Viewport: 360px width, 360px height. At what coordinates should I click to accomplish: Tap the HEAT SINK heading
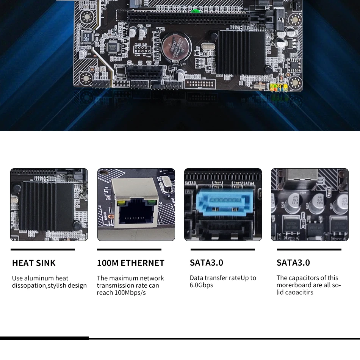tap(34, 263)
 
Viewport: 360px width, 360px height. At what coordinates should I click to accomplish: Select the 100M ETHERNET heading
tap(131, 263)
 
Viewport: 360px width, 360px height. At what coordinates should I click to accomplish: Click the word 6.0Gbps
tap(201, 285)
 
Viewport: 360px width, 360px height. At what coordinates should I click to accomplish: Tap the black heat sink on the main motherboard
tap(241, 53)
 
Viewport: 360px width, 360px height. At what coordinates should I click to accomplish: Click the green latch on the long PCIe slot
tap(196, 11)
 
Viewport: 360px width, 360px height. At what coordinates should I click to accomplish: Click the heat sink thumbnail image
tap(49, 205)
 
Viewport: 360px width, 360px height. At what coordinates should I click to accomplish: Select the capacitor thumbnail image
tap(310, 205)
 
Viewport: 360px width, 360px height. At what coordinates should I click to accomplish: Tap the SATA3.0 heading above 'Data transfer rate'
tap(207, 263)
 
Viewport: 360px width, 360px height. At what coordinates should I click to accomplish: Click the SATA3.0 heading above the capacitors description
tap(293, 263)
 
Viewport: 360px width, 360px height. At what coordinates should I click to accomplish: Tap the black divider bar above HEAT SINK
tap(43, 249)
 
